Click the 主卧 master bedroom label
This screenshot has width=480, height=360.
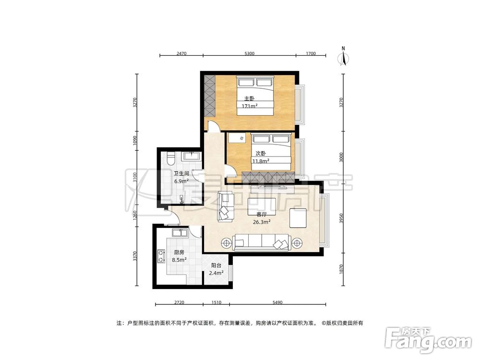click(x=249, y=99)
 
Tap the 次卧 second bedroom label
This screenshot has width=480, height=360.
click(x=261, y=154)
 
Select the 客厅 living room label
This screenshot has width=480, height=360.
click(x=262, y=215)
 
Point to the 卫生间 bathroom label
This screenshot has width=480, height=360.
click(x=181, y=174)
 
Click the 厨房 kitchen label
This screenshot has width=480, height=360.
click(x=179, y=252)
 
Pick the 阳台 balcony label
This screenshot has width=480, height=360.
click(x=216, y=265)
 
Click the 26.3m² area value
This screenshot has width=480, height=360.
click(x=262, y=222)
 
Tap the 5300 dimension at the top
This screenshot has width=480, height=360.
click(x=250, y=54)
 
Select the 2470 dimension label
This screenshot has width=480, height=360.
click(x=181, y=54)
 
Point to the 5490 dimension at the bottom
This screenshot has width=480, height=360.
click(x=277, y=302)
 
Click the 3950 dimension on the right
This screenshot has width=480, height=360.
click(x=342, y=218)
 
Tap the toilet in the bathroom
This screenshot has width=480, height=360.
click(x=171, y=158)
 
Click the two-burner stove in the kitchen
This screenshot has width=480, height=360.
click(x=160, y=256)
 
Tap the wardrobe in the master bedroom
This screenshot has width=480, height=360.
click(x=210, y=95)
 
